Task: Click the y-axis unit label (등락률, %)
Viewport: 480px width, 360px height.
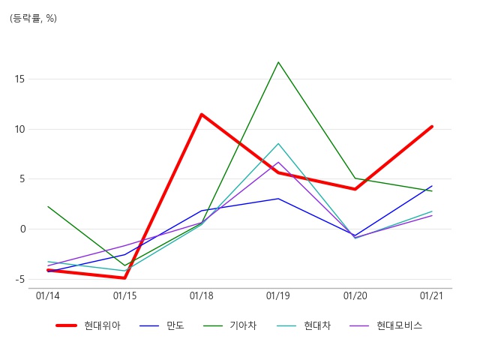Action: point(33,18)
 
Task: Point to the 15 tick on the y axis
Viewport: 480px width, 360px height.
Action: point(19,79)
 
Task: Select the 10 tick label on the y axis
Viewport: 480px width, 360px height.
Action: point(19,129)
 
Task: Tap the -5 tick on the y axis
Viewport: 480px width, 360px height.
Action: point(19,280)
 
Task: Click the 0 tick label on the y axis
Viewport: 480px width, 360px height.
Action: point(22,229)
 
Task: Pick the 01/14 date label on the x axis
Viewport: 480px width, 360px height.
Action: point(48,295)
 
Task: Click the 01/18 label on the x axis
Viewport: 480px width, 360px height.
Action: point(202,295)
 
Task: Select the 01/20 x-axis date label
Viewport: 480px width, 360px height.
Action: point(355,295)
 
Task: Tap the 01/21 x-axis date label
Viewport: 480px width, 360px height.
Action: point(432,295)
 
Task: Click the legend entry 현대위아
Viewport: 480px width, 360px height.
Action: point(102,325)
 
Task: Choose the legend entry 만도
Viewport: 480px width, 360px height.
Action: point(175,325)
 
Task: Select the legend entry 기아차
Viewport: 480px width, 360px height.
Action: point(243,325)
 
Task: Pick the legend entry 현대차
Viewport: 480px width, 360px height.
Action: point(317,325)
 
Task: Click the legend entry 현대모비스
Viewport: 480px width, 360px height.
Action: point(400,325)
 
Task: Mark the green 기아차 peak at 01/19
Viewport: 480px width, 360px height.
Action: point(278,62)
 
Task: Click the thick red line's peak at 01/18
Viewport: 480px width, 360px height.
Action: point(202,115)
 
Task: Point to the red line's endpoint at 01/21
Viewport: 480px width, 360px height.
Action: point(432,127)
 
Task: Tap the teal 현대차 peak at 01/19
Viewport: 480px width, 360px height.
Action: point(278,143)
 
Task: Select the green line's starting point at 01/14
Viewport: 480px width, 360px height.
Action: point(48,207)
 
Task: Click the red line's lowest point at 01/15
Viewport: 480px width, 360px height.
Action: point(124,278)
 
